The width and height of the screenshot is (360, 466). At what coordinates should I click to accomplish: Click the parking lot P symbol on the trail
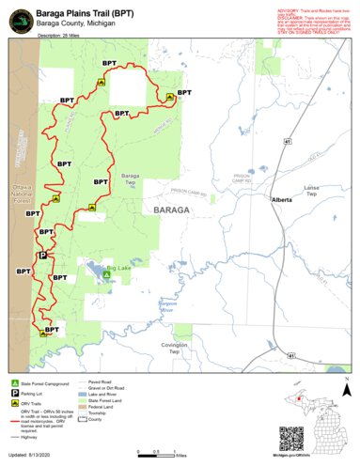(x=41, y=255)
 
